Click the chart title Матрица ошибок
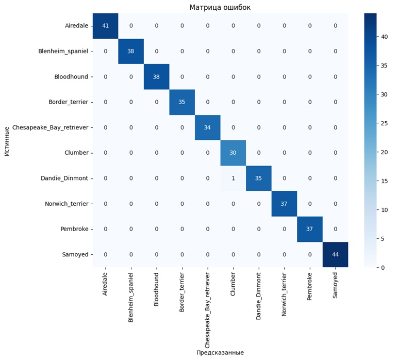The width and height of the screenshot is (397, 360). [x=220, y=7]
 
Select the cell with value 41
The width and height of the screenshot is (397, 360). [x=105, y=26]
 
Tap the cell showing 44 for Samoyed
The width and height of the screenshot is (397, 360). [x=335, y=254]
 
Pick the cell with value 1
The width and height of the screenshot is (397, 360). [x=233, y=178]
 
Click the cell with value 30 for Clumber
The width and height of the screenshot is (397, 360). [x=233, y=153]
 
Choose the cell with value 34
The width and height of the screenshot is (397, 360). [x=207, y=127]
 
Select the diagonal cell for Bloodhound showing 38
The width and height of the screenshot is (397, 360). [x=156, y=77]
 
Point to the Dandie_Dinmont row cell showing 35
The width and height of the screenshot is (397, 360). [x=258, y=178]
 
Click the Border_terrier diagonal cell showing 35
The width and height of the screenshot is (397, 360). [x=182, y=102]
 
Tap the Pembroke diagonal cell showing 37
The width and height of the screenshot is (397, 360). [x=309, y=229]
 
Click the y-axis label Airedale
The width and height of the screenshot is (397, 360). [x=76, y=26]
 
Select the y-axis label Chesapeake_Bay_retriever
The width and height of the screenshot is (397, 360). [x=49, y=127]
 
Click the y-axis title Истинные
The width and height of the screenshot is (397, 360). [x=7, y=140]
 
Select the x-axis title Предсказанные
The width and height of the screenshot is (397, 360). [x=220, y=352]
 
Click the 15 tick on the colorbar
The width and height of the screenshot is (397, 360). [x=384, y=181]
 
